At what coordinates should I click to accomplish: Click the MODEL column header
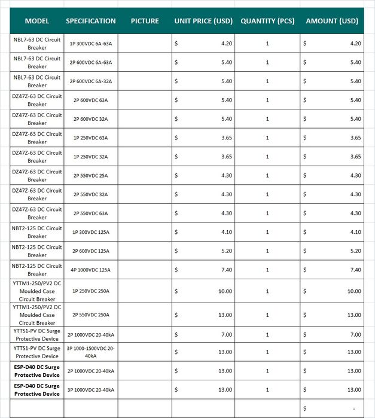point(37,21)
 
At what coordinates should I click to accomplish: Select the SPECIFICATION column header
point(91,21)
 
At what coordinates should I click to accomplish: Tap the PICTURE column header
point(145,21)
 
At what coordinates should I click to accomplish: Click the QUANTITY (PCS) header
point(267,21)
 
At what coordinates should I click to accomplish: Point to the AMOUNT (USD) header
point(332,21)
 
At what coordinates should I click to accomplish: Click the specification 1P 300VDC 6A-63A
point(91,44)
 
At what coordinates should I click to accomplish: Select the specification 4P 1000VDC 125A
point(91,270)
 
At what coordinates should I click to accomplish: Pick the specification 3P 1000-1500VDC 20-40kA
point(91,352)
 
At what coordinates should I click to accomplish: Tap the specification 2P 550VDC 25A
point(91,175)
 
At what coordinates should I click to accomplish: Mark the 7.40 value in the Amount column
point(355,270)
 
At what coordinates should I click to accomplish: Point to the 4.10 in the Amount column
point(355,232)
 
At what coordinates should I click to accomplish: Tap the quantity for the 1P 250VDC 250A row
point(267,291)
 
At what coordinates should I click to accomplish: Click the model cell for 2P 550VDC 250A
point(37,315)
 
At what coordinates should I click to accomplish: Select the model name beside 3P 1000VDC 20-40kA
point(37,389)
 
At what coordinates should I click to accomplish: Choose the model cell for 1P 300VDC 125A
point(37,232)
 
